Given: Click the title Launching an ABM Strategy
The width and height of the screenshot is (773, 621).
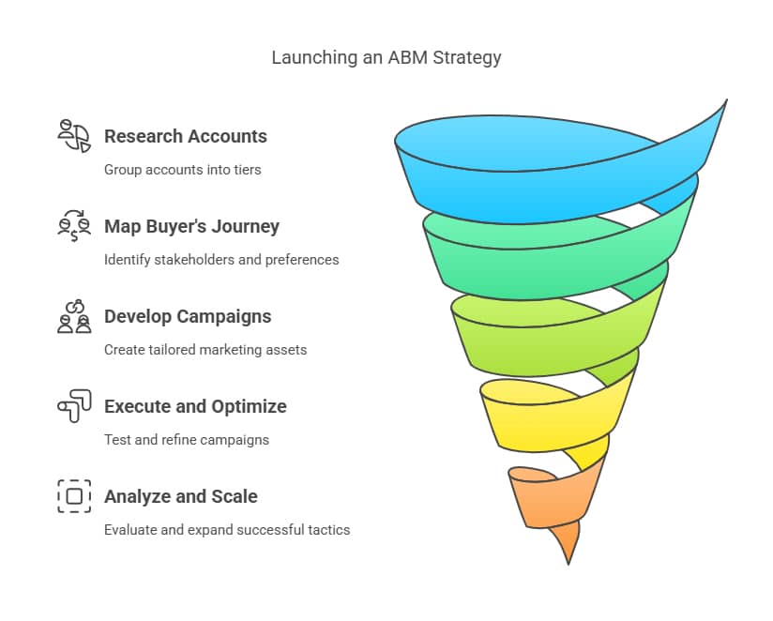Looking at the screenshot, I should [x=386, y=57].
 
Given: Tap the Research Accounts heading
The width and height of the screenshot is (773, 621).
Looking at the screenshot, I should [x=186, y=136].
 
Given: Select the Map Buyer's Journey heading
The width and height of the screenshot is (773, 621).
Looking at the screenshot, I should [x=191, y=226].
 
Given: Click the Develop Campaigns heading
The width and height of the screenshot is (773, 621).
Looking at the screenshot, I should [x=188, y=316].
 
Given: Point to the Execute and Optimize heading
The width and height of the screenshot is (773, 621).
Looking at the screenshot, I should [x=195, y=406].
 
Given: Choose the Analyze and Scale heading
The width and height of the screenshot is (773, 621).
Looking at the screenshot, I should [x=180, y=496].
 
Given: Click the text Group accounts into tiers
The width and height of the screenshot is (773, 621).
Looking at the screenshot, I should [x=182, y=170].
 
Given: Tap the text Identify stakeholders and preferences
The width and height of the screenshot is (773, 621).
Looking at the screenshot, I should [x=221, y=260].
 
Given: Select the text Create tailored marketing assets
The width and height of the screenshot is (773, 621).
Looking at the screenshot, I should [x=205, y=350].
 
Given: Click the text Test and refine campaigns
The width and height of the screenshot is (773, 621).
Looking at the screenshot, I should [x=187, y=440].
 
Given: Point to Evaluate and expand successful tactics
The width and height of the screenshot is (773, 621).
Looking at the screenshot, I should [x=227, y=530].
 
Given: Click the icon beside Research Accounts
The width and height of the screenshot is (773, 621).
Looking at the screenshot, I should [x=74, y=136].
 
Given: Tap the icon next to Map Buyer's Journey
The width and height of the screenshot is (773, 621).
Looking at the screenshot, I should [x=74, y=225].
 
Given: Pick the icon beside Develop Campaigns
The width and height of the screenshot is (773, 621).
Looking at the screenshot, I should [x=74, y=316].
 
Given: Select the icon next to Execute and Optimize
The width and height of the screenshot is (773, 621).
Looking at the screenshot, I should [x=74, y=406].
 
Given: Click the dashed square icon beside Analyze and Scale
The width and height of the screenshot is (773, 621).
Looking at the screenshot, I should [x=74, y=496].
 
